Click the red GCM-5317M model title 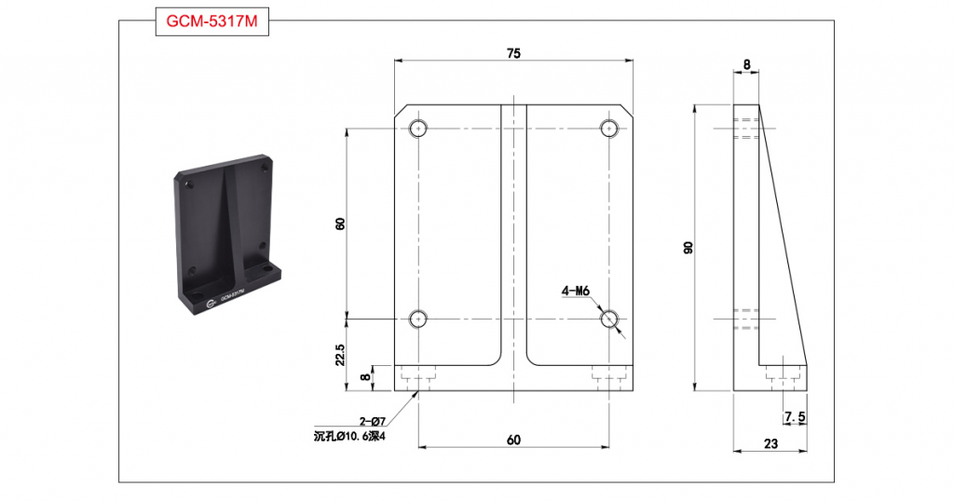click(211, 21)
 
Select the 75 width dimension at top click(513, 53)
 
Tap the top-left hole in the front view click(418, 129)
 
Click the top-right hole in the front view click(609, 129)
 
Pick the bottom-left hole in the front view click(418, 319)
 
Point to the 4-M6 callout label click(576, 292)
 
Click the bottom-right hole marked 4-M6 click(609, 319)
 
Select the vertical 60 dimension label click(340, 224)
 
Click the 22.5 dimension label click(340, 354)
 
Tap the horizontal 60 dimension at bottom click(513, 440)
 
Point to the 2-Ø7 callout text click(373, 420)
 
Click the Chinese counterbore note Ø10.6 click(350, 436)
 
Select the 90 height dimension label click(688, 248)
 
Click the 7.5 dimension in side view click(796, 417)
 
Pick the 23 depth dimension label click(770, 443)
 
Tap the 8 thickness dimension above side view click(746, 64)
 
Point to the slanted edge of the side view click(783, 235)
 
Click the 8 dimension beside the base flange click(365, 377)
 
